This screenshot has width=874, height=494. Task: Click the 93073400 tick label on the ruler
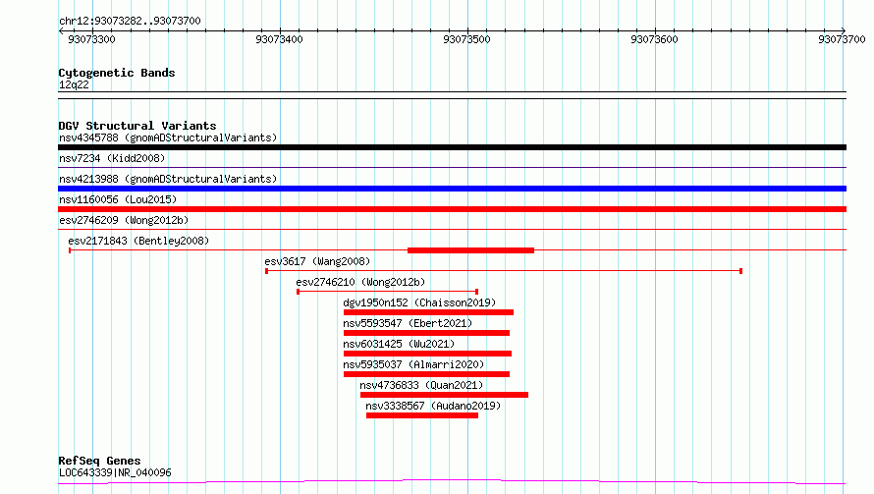pos(279,39)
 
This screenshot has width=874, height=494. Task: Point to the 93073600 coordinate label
pos(654,39)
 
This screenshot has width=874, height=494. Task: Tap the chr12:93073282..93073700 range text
pos(130,22)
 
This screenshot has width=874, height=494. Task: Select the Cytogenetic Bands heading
pos(117,73)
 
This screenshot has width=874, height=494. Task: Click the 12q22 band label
pos(74,84)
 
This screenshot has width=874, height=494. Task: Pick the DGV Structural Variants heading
pos(137,126)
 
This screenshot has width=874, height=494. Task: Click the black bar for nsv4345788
pos(452,147)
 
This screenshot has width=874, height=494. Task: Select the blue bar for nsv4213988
pos(452,189)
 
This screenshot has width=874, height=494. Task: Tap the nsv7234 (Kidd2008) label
pos(112,158)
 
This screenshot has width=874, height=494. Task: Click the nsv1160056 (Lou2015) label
pos(118,199)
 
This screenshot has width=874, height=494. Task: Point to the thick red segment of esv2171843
pos(471,250)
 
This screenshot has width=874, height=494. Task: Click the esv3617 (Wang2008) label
pos(317,261)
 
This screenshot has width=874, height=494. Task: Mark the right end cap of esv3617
pos(740,271)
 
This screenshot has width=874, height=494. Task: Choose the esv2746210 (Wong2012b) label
pos(360,282)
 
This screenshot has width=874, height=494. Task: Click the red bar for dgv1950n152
pos(428,312)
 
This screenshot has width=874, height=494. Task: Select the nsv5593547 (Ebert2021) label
pos(408,323)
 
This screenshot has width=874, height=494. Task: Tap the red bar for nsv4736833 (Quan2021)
pos(444,395)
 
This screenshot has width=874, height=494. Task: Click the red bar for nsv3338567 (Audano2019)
pos(422,415)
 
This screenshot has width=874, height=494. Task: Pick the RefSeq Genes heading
pos(100,461)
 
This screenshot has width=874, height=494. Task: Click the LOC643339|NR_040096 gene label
pos(115,472)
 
